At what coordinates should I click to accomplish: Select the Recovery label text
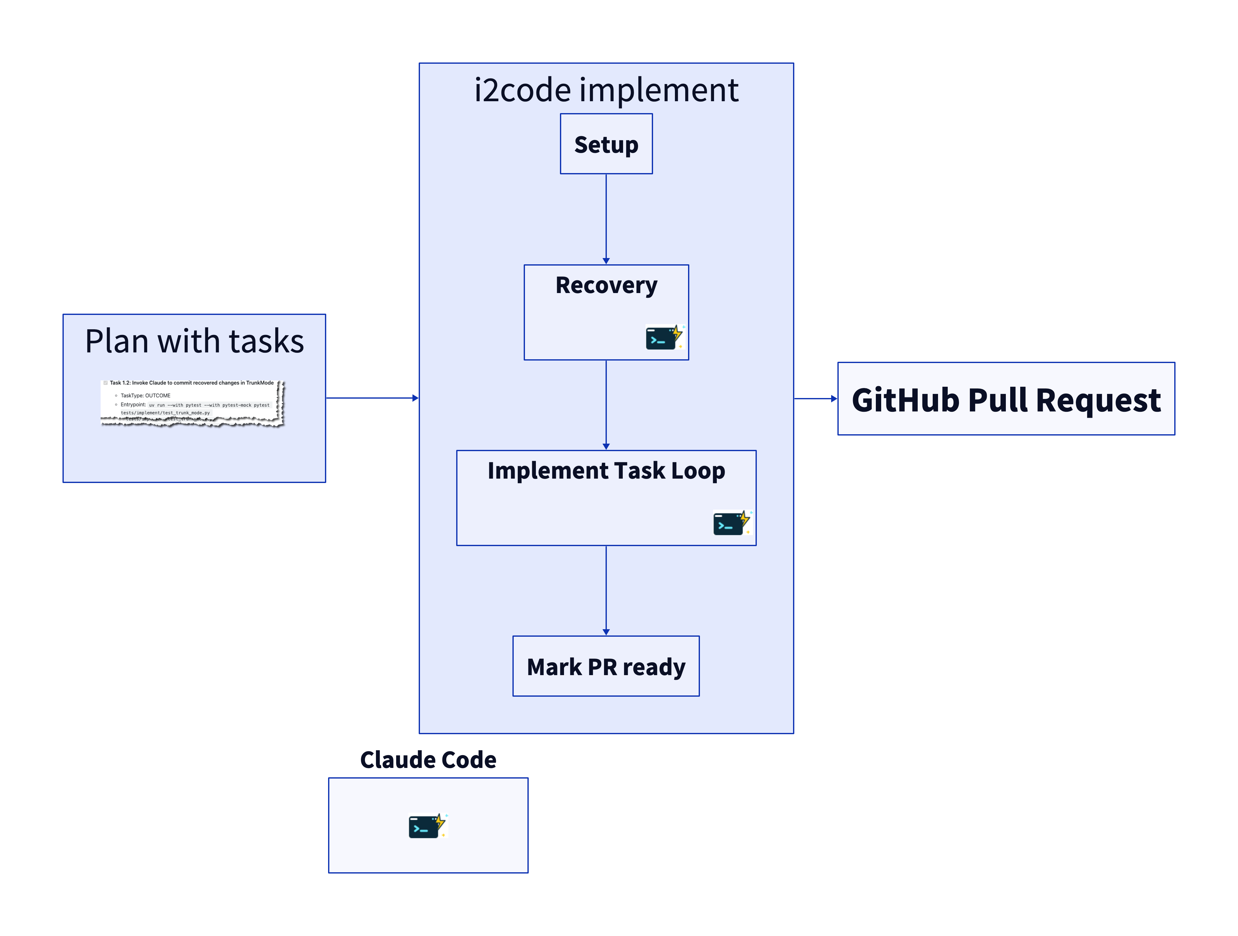click(x=606, y=285)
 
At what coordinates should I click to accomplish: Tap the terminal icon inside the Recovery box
click(x=664, y=337)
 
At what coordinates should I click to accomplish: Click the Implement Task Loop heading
click(x=606, y=470)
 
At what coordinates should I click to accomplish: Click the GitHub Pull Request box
click(x=1006, y=399)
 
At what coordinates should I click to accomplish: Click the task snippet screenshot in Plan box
click(x=192, y=403)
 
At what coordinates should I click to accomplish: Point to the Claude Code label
click(x=428, y=760)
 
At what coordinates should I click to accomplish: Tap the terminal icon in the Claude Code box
click(x=427, y=826)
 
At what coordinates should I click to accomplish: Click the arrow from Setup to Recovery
click(x=606, y=218)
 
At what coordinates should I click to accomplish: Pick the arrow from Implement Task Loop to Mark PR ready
click(x=606, y=590)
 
